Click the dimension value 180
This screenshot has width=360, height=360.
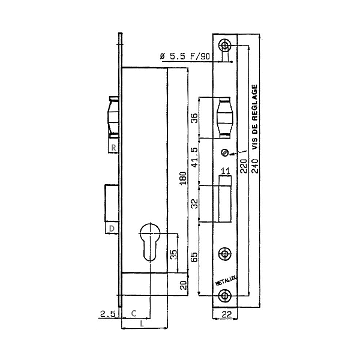(x=183, y=179)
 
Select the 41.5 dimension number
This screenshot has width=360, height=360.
(x=194, y=157)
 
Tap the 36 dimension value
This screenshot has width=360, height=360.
(x=194, y=118)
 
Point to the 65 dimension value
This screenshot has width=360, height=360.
(x=194, y=257)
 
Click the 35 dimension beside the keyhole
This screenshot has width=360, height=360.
(x=174, y=254)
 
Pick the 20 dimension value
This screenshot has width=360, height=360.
(x=184, y=284)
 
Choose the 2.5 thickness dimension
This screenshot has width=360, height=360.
(x=107, y=314)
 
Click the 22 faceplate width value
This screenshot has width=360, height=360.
(x=227, y=314)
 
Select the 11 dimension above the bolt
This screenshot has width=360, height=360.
(x=225, y=171)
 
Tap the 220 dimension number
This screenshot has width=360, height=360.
(x=244, y=166)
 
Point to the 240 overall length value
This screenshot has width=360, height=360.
(x=255, y=166)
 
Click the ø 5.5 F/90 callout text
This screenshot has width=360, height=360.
(x=185, y=56)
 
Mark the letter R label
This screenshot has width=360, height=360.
(x=113, y=148)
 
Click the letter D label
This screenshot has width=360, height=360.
(x=112, y=229)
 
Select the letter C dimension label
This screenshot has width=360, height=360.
(x=134, y=313)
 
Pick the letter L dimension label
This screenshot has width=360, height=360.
(x=142, y=324)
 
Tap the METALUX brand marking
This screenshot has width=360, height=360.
(x=226, y=281)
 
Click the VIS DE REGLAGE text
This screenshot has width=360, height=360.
(x=255, y=117)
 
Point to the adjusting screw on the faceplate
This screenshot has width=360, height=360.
(x=225, y=152)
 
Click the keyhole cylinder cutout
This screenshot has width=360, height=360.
(x=150, y=242)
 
